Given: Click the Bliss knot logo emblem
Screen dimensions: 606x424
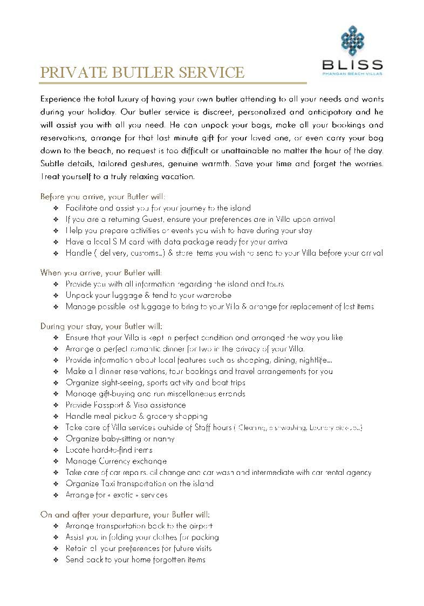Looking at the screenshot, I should (352, 40).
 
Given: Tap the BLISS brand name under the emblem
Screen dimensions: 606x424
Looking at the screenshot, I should (352, 65).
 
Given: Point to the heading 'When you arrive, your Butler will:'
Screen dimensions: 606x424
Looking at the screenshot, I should (101, 273).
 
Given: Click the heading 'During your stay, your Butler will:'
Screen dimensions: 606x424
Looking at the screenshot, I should (101, 326).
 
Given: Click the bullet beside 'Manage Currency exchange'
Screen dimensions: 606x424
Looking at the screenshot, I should (57, 461).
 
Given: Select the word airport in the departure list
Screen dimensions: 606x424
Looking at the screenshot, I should (199, 526).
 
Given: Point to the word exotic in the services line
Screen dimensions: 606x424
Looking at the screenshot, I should (119, 495).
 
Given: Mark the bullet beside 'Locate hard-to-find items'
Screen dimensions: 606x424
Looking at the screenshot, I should (57, 450).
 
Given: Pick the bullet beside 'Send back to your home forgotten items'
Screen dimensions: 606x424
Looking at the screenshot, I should (57, 560).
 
